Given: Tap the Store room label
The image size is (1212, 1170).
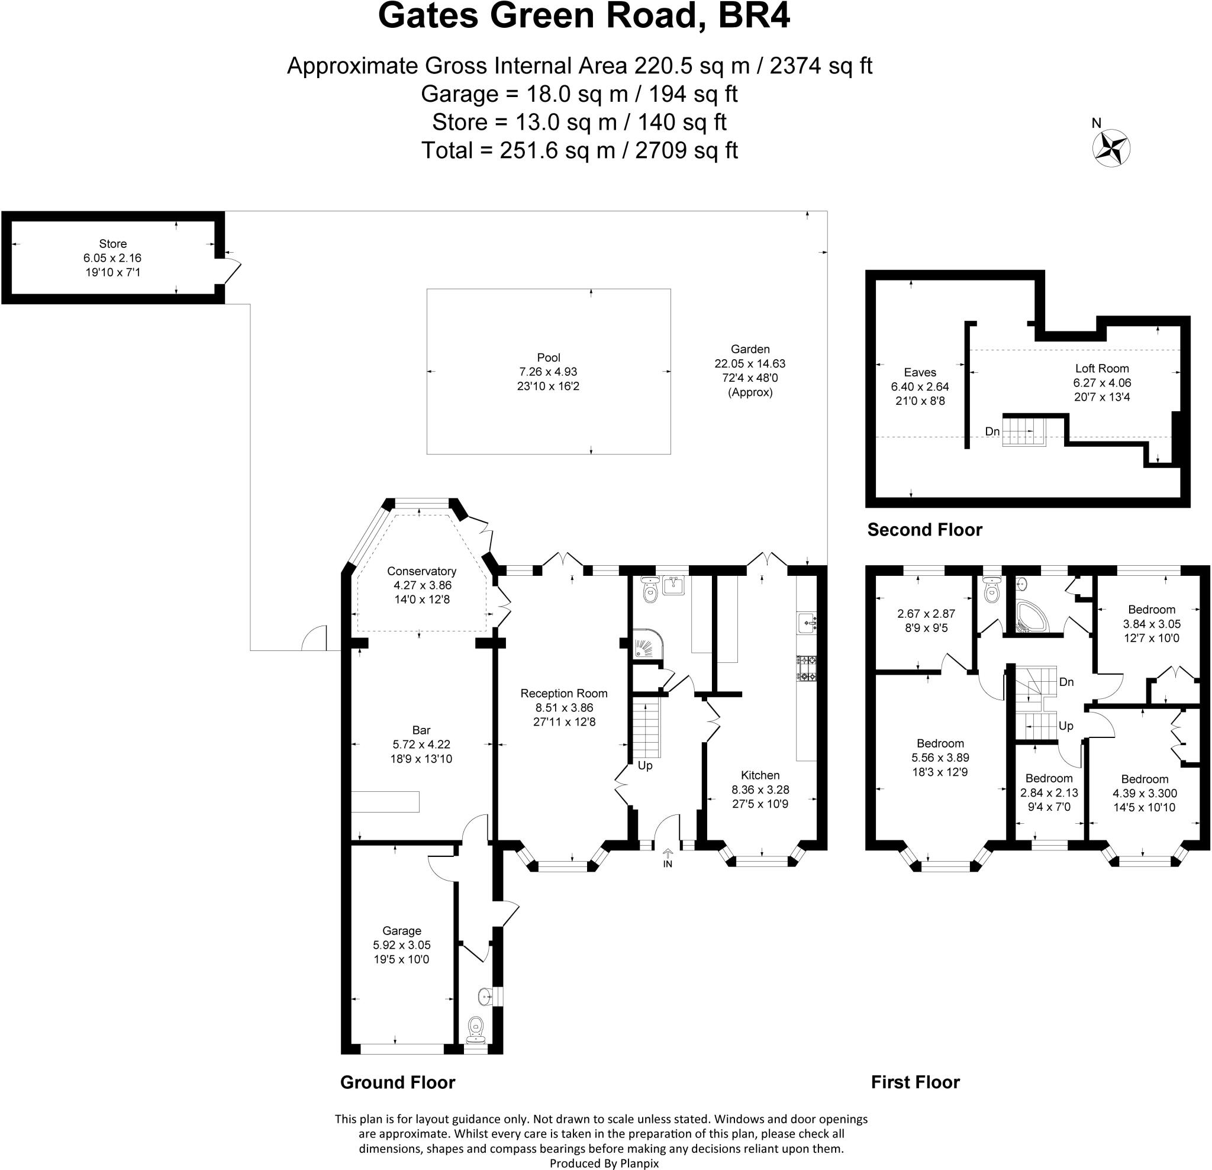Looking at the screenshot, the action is pos(112,244).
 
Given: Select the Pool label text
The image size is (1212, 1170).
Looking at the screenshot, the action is pos(549,357).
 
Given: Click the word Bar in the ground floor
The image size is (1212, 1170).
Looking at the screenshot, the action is pos(421,730).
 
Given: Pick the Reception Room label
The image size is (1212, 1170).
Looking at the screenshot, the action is pos(564,693).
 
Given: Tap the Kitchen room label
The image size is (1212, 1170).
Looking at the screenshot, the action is pos(760,775).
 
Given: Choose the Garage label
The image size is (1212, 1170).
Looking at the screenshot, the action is pos(401,931).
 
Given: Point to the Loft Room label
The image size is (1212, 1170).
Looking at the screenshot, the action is pos(1102,369).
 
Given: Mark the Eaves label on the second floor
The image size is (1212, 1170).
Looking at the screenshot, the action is pos(920,372).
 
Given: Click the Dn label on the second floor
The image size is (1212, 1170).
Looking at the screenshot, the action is pos(992,431).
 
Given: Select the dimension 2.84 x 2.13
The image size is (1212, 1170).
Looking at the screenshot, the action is pos(1049,793).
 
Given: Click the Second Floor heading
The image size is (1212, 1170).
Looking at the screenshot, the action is pos(924,530).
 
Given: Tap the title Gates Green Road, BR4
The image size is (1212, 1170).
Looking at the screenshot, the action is pos(584,16).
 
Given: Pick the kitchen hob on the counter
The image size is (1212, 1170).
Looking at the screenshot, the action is pos(807,669).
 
